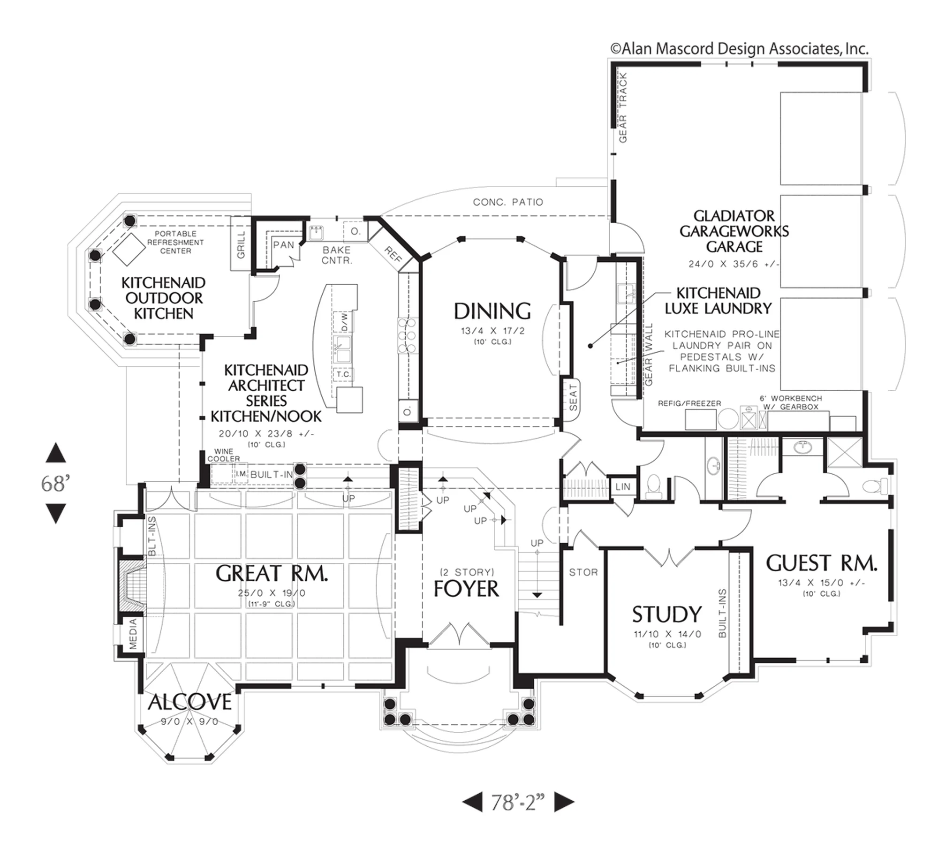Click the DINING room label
[x=492, y=311]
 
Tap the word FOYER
[x=466, y=589]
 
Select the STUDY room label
[x=666, y=614]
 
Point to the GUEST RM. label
[x=821, y=563]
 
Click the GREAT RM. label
[x=272, y=573]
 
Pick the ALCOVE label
[x=190, y=702]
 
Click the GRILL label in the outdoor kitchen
[x=241, y=244]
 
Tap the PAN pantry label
[x=284, y=244]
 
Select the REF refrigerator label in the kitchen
[x=393, y=254]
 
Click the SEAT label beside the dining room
[x=573, y=398]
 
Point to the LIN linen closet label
[x=623, y=486]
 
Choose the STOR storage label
[x=583, y=572]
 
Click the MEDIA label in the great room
[x=133, y=634]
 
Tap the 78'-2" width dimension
[x=518, y=803]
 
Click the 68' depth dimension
[x=55, y=484]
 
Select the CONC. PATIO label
[x=508, y=202]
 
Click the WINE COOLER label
[x=224, y=455]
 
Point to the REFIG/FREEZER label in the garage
[x=689, y=403]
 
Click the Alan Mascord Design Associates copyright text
[x=739, y=49]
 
